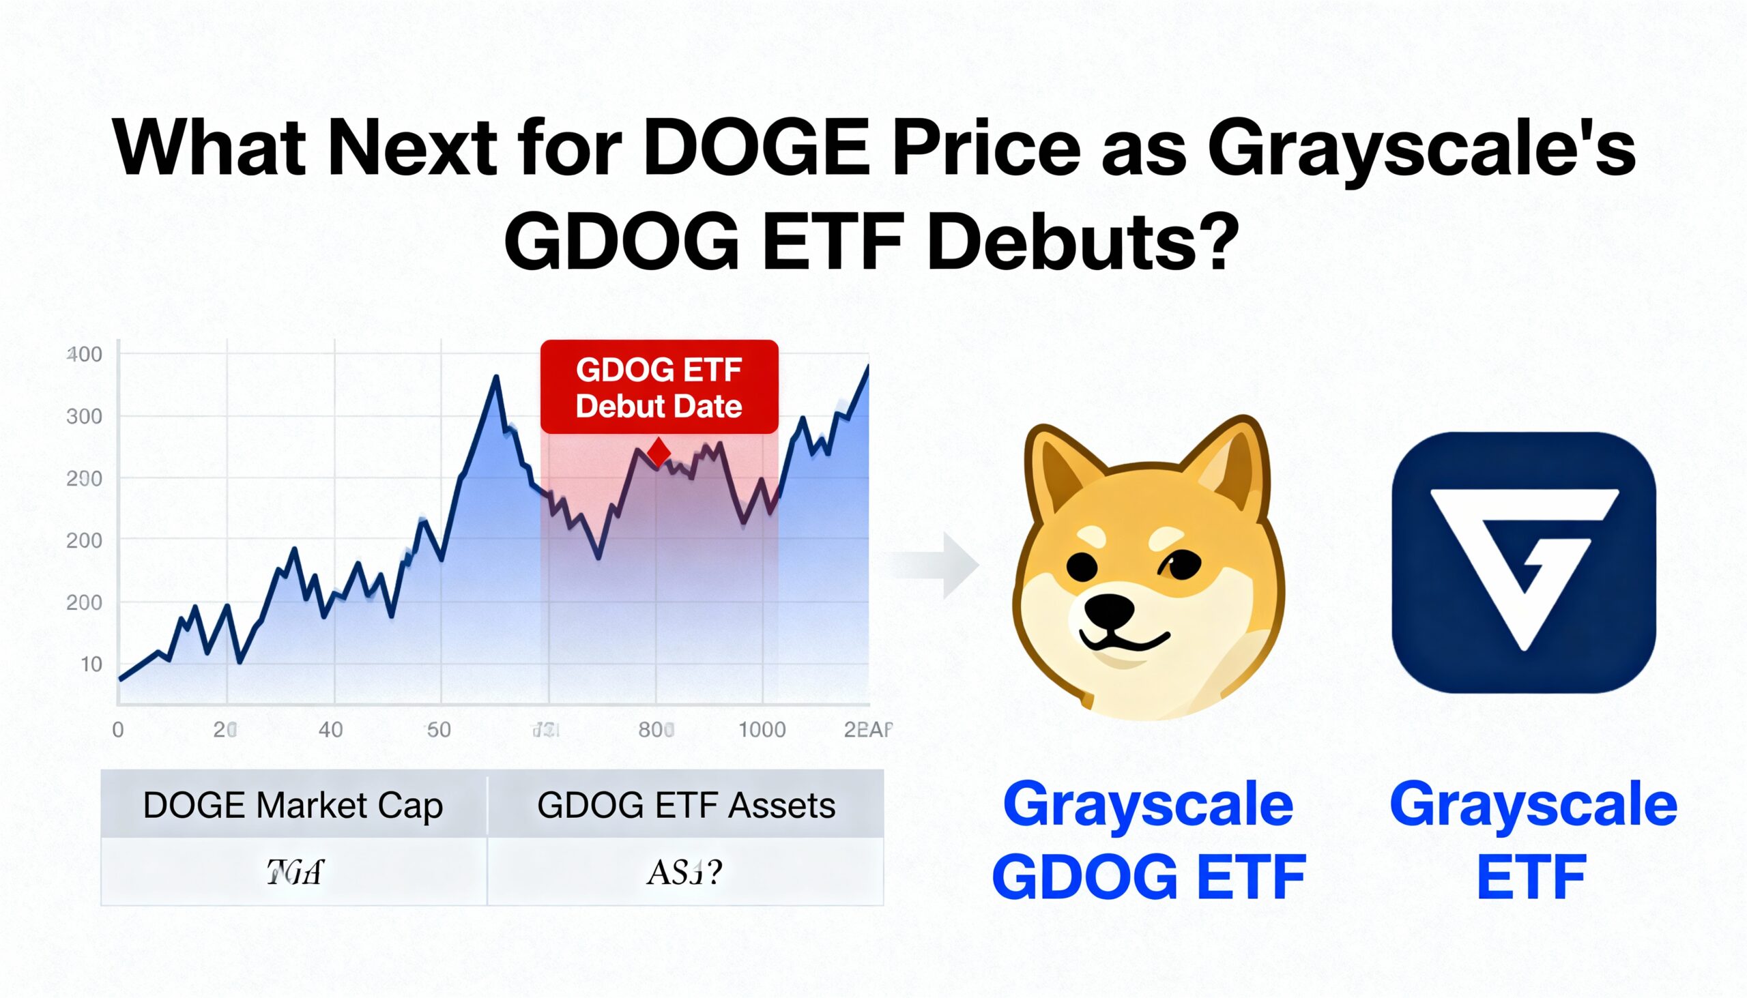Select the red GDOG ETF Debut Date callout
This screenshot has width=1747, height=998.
point(659,387)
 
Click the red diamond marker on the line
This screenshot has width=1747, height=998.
point(659,452)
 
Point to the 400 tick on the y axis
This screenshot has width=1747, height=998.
point(85,354)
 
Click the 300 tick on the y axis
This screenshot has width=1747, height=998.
point(85,416)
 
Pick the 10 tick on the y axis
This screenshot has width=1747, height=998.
point(91,664)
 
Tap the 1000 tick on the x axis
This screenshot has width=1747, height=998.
point(762,729)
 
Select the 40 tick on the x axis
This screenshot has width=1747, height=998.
point(330,729)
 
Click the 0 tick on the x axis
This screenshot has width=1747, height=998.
point(118,729)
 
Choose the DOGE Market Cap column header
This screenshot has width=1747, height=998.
point(293,805)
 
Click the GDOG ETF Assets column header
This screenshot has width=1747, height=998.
point(686,805)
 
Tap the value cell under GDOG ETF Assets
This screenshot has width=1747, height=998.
point(686,872)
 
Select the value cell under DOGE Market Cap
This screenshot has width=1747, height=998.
point(294,872)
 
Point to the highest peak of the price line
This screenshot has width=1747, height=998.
point(868,366)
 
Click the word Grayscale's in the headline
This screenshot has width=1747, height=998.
point(1421,148)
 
